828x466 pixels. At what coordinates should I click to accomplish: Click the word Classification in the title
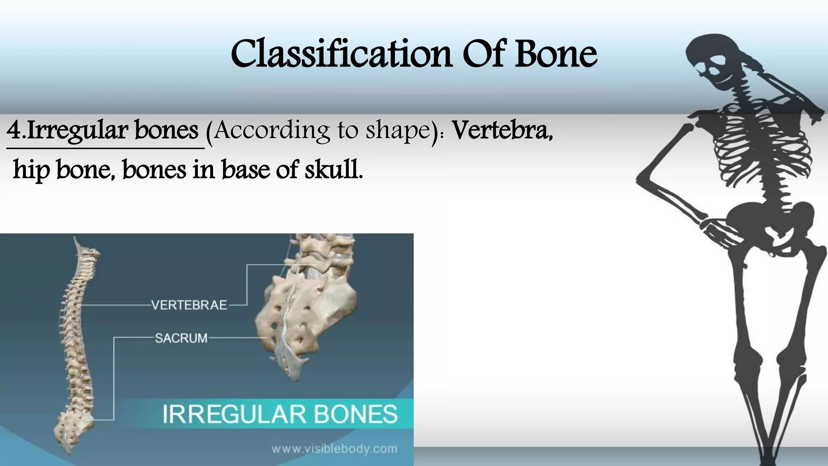(341, 54)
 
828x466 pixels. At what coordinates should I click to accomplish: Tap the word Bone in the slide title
(556, 54)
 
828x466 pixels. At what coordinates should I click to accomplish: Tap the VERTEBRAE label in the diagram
(189, 305)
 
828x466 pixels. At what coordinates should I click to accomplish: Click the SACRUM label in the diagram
(181, 338)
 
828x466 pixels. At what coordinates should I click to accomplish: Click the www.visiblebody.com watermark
(334, 449)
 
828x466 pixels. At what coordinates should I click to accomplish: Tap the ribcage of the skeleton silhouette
(752, 146)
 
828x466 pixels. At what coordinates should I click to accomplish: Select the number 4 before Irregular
(14, 131)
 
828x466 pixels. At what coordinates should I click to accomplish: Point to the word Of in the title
(482, 54)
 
